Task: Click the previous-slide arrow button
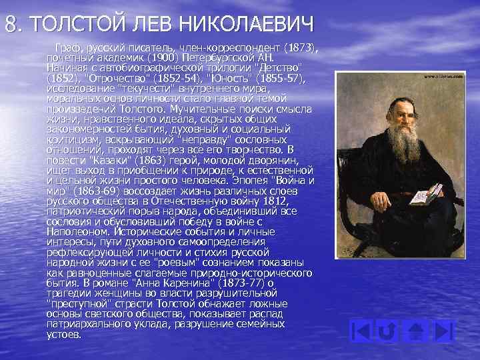(x=360, y=331)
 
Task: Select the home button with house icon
(x=416, y=331)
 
